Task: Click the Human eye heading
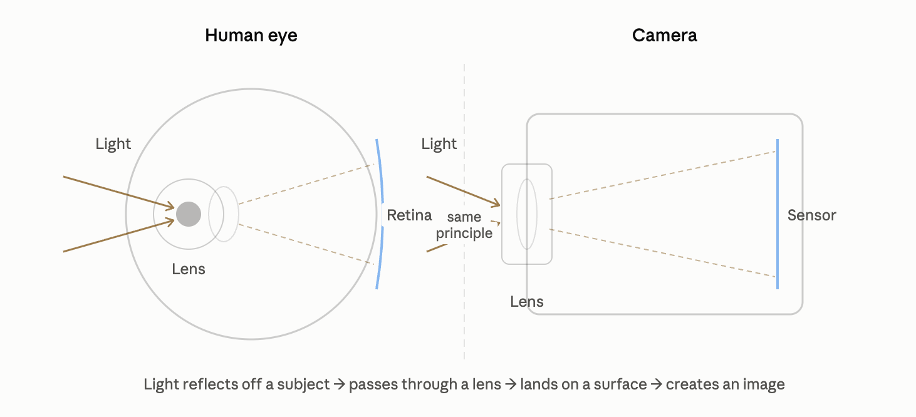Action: (x=251, y=36)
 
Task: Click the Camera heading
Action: (x=665, y=36)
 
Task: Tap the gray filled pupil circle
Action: (x=189, y=214)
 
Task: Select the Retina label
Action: (x=409, y=215)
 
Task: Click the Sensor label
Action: (x=812, y=215)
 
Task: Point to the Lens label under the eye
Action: (x=189, y=269)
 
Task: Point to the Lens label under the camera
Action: (x=527, y=302)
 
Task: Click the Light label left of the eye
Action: (x=113, y=144)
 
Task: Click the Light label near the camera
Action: (x=439, y=144)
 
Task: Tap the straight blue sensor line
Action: (x=778, y=214)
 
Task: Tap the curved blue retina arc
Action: (x=382, y=214)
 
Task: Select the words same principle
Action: (x=464, y=225)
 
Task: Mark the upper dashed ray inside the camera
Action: (x=662, y=175)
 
